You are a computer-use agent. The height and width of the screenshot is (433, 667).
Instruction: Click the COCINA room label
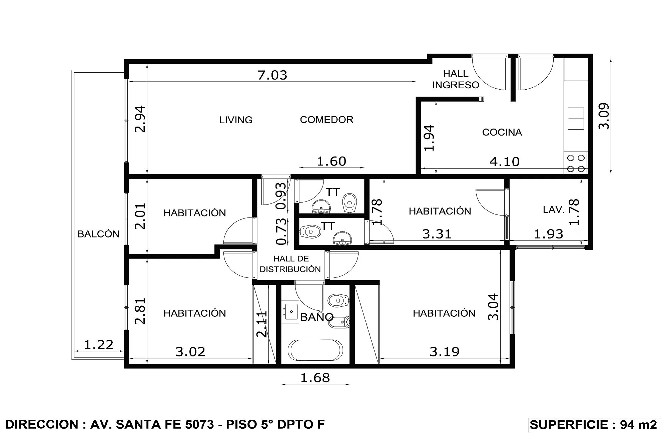(502, 132)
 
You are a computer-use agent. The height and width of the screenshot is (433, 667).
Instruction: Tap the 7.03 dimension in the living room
(272, 75)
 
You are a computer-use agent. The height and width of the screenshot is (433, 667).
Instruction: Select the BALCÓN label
(98, 234)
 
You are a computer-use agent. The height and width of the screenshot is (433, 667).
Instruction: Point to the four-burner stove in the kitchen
(576, 163)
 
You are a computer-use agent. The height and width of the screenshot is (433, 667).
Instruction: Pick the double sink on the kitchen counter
(576, 119)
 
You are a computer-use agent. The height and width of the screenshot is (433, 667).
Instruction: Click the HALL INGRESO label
(456, 79)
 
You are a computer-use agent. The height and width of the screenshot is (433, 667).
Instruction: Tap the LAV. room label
(554, 210)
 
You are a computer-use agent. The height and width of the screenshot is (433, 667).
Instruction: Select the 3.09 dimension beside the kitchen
(604, 116)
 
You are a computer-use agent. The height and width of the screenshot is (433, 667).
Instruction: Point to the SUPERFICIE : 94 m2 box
(594, 425)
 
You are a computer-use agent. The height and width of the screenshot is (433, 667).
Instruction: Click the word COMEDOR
(326, 120)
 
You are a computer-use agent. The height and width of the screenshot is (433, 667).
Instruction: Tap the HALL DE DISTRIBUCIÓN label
(290, 264)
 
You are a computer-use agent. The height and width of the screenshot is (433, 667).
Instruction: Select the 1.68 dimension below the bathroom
(315, 378)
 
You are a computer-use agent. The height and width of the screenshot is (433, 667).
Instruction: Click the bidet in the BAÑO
(339, 322)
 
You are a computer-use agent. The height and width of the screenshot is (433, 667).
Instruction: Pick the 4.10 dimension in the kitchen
(504, 162)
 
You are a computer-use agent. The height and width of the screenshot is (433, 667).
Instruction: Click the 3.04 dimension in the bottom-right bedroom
(493, 307)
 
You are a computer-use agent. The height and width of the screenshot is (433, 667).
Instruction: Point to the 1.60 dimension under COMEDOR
(331, 161)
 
